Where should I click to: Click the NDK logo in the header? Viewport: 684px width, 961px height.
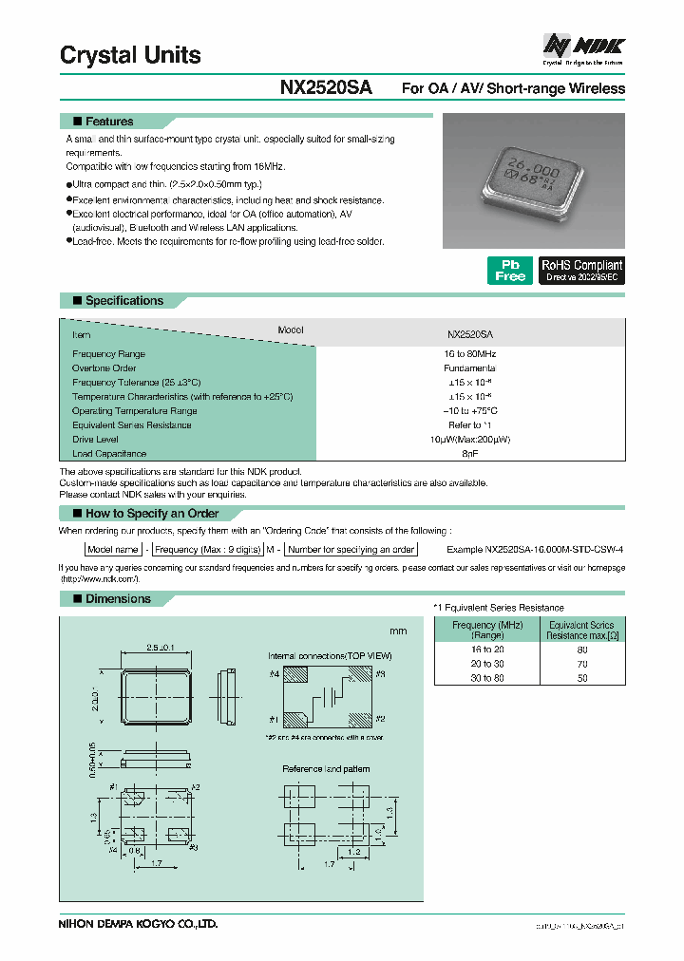582,45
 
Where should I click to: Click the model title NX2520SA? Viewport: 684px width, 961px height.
326,87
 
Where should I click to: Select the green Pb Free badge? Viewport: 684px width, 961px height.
510,271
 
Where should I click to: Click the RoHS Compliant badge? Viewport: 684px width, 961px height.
581,271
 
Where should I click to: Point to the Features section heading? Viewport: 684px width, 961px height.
109,122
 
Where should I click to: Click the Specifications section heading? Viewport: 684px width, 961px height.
123,301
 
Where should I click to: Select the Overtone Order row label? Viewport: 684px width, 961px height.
104,367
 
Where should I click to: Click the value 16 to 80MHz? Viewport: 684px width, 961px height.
470,353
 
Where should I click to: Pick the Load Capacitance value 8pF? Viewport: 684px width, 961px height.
470,454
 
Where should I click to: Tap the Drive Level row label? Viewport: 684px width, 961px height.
96,440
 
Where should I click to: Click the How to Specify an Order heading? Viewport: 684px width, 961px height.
152,514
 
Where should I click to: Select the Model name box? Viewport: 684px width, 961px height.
113,550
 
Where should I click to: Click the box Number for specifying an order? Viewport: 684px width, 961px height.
351,550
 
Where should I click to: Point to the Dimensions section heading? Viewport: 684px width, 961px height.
118,599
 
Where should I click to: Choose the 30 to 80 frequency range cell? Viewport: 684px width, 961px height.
486,678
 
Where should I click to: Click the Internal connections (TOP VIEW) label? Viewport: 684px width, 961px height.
330,655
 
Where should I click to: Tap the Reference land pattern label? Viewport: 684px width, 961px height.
326,768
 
